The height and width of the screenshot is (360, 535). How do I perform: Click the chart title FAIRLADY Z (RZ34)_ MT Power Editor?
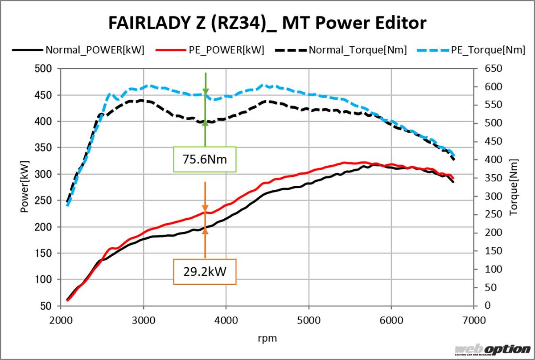[267, 23]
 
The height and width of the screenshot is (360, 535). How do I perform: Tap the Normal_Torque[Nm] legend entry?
[357, 50]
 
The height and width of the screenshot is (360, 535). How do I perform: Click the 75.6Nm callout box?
[205, 160]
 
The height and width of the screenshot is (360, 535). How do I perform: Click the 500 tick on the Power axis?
[43, 69]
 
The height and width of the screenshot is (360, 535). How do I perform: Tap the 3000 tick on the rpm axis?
[144, 319]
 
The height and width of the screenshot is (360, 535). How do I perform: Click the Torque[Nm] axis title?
[514, 187]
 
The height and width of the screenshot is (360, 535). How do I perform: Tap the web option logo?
[492, 349]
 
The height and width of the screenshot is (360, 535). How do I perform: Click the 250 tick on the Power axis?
[43, 200]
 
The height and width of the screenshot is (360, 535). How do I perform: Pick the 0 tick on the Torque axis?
[487, 306]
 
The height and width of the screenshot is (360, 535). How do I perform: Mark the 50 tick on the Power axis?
[46, 306]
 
